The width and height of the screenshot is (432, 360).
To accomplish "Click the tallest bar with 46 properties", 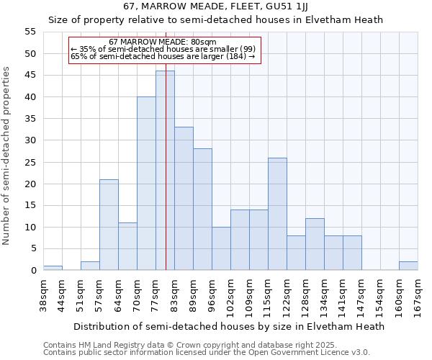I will click(165, 171).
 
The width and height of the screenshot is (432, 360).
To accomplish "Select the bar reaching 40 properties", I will click(146, 184).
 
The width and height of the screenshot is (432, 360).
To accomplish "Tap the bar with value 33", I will click(184, 199).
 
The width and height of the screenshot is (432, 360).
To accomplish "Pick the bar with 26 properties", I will click(277, 214).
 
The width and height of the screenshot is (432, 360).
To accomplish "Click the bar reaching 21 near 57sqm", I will click(109, 225).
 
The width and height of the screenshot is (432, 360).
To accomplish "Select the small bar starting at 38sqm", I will click(53, 268).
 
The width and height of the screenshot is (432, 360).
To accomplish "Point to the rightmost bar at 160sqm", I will click(408, 266).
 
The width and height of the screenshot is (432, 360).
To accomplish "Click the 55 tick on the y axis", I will click(30, 32).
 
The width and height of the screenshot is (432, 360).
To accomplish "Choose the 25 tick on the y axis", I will click(30, 162).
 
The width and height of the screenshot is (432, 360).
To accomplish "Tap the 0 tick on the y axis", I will click(33, 271).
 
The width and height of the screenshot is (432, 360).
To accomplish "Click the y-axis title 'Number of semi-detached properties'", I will click(7, 156).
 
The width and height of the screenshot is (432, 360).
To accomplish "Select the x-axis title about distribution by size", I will click(229, 326).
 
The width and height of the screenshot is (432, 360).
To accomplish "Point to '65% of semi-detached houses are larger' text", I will click(163, 56).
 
